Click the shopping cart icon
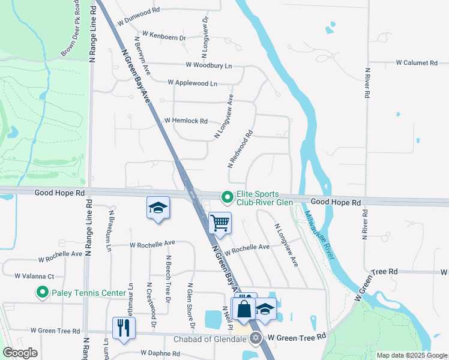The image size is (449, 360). click(220, 223)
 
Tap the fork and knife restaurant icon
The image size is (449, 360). click(124, 328)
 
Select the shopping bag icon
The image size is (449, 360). click(244, 310)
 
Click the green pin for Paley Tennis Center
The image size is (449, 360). click(42, 293)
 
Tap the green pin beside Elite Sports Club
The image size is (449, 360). click(228, 197)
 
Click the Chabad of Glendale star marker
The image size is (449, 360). click(256, 338)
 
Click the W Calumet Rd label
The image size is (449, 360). click(417, 62)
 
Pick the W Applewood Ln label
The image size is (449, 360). click(192, 83)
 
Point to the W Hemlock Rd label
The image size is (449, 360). click(185, 121)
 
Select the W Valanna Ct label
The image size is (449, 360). click(34, 277)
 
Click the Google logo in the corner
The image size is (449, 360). click(20, 353)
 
